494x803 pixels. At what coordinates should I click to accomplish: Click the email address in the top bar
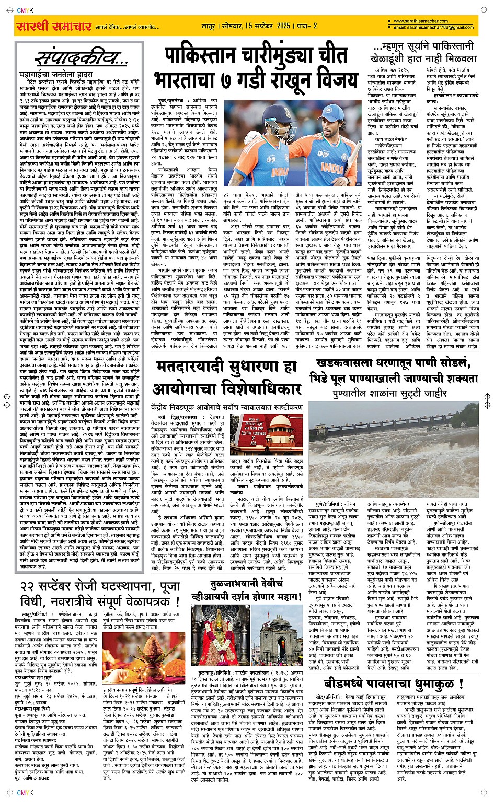point(434,27)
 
